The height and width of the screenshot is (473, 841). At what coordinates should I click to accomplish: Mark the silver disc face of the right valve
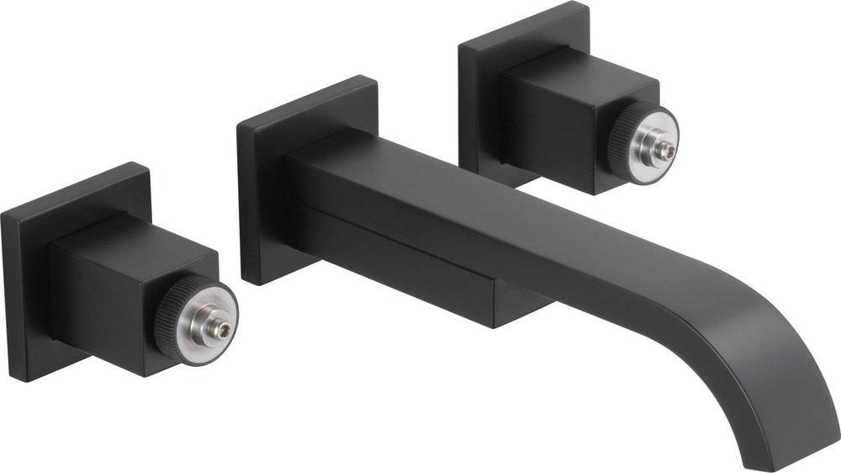coord(652,139)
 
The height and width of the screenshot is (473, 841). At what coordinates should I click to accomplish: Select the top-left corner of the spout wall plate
coord(239,125)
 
